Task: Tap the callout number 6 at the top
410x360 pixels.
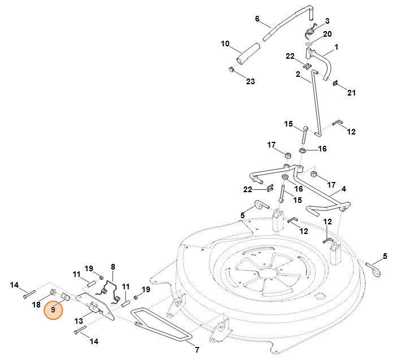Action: click(257, 19)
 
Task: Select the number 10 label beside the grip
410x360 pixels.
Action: click(225, 44)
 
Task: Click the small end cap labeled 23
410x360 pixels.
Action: click(231, 70)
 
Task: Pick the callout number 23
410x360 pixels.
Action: click(250, 81)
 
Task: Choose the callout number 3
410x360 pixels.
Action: click(326, 21)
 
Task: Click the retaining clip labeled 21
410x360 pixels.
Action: click(335, 85)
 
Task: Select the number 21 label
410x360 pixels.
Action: click(351, 93)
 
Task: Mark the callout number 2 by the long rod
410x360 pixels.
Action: click(297, 73)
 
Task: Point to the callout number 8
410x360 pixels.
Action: click(113, 266)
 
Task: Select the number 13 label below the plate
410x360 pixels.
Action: click(79, 321)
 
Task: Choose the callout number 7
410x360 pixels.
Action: click(196, 350)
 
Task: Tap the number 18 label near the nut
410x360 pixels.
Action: click(36, 305)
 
